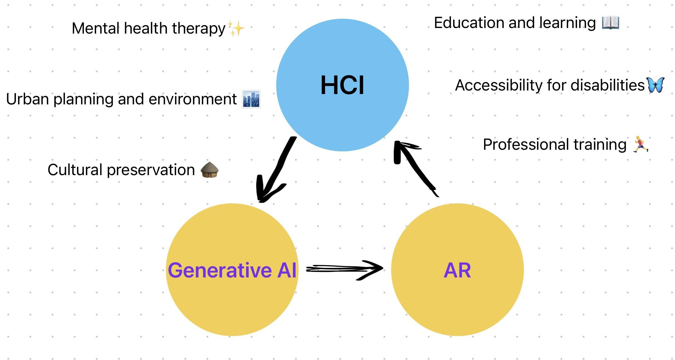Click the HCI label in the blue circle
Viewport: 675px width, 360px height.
click(x=342, y=85)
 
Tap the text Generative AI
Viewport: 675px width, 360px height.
click(x=232, y=270)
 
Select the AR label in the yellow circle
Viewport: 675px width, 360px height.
click(x=457, y=270)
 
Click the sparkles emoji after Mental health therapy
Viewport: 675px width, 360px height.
click(x=236, y=29)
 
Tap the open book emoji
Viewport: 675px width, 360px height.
click(x=610, y=23)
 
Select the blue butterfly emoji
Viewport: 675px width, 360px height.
click(x=655, y=85)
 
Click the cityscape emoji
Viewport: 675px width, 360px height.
click(x=251, y=99)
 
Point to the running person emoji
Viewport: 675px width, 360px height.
click(x=640, y=144)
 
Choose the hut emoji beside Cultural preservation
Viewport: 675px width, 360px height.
click(x=209, y=170)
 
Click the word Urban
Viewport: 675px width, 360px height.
click(x=27, y=99)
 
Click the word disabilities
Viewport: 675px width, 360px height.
click(x=607, y=85)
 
